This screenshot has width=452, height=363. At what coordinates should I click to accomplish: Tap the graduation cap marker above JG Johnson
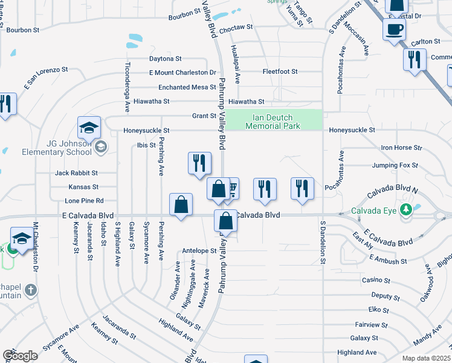(89, 128)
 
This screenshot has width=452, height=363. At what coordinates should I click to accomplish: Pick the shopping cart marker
(231, 189)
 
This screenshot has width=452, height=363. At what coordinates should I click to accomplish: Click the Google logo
(20, 356)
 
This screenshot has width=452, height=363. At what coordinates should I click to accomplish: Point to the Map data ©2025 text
(425, 358)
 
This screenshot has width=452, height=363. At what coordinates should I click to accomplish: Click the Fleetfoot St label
(280, 71)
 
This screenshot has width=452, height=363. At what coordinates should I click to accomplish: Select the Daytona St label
(166, 59)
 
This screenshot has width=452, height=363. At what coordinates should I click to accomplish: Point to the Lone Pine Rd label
(85, 200)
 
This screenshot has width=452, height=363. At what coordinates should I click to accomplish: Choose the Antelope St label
(199, 250)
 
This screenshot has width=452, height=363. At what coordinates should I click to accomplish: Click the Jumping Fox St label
(395, 165)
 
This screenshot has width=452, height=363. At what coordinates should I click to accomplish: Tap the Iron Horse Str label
(401, 148)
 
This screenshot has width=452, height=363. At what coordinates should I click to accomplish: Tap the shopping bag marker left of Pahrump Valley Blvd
(181, 206)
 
